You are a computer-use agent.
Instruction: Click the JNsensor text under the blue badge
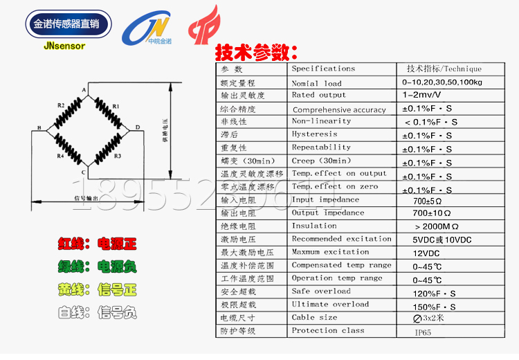[x=64, y=46]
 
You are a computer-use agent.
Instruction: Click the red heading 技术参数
[x=256, y=53]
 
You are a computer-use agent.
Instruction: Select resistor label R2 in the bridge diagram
[x=61, y=105]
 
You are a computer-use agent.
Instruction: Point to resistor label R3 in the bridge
[x=118, y=156]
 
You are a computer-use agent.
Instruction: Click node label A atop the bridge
[x=84, y=91]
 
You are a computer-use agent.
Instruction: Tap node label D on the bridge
[x=138, y=127]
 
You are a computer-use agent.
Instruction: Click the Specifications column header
[x=323, y=69]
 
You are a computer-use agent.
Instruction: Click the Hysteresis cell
[x=315, y=134]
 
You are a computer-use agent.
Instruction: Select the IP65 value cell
[x=424, y=333]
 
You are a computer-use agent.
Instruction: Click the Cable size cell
[x=315, y=318]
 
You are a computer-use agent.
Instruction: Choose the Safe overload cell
[x=321, y=291]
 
